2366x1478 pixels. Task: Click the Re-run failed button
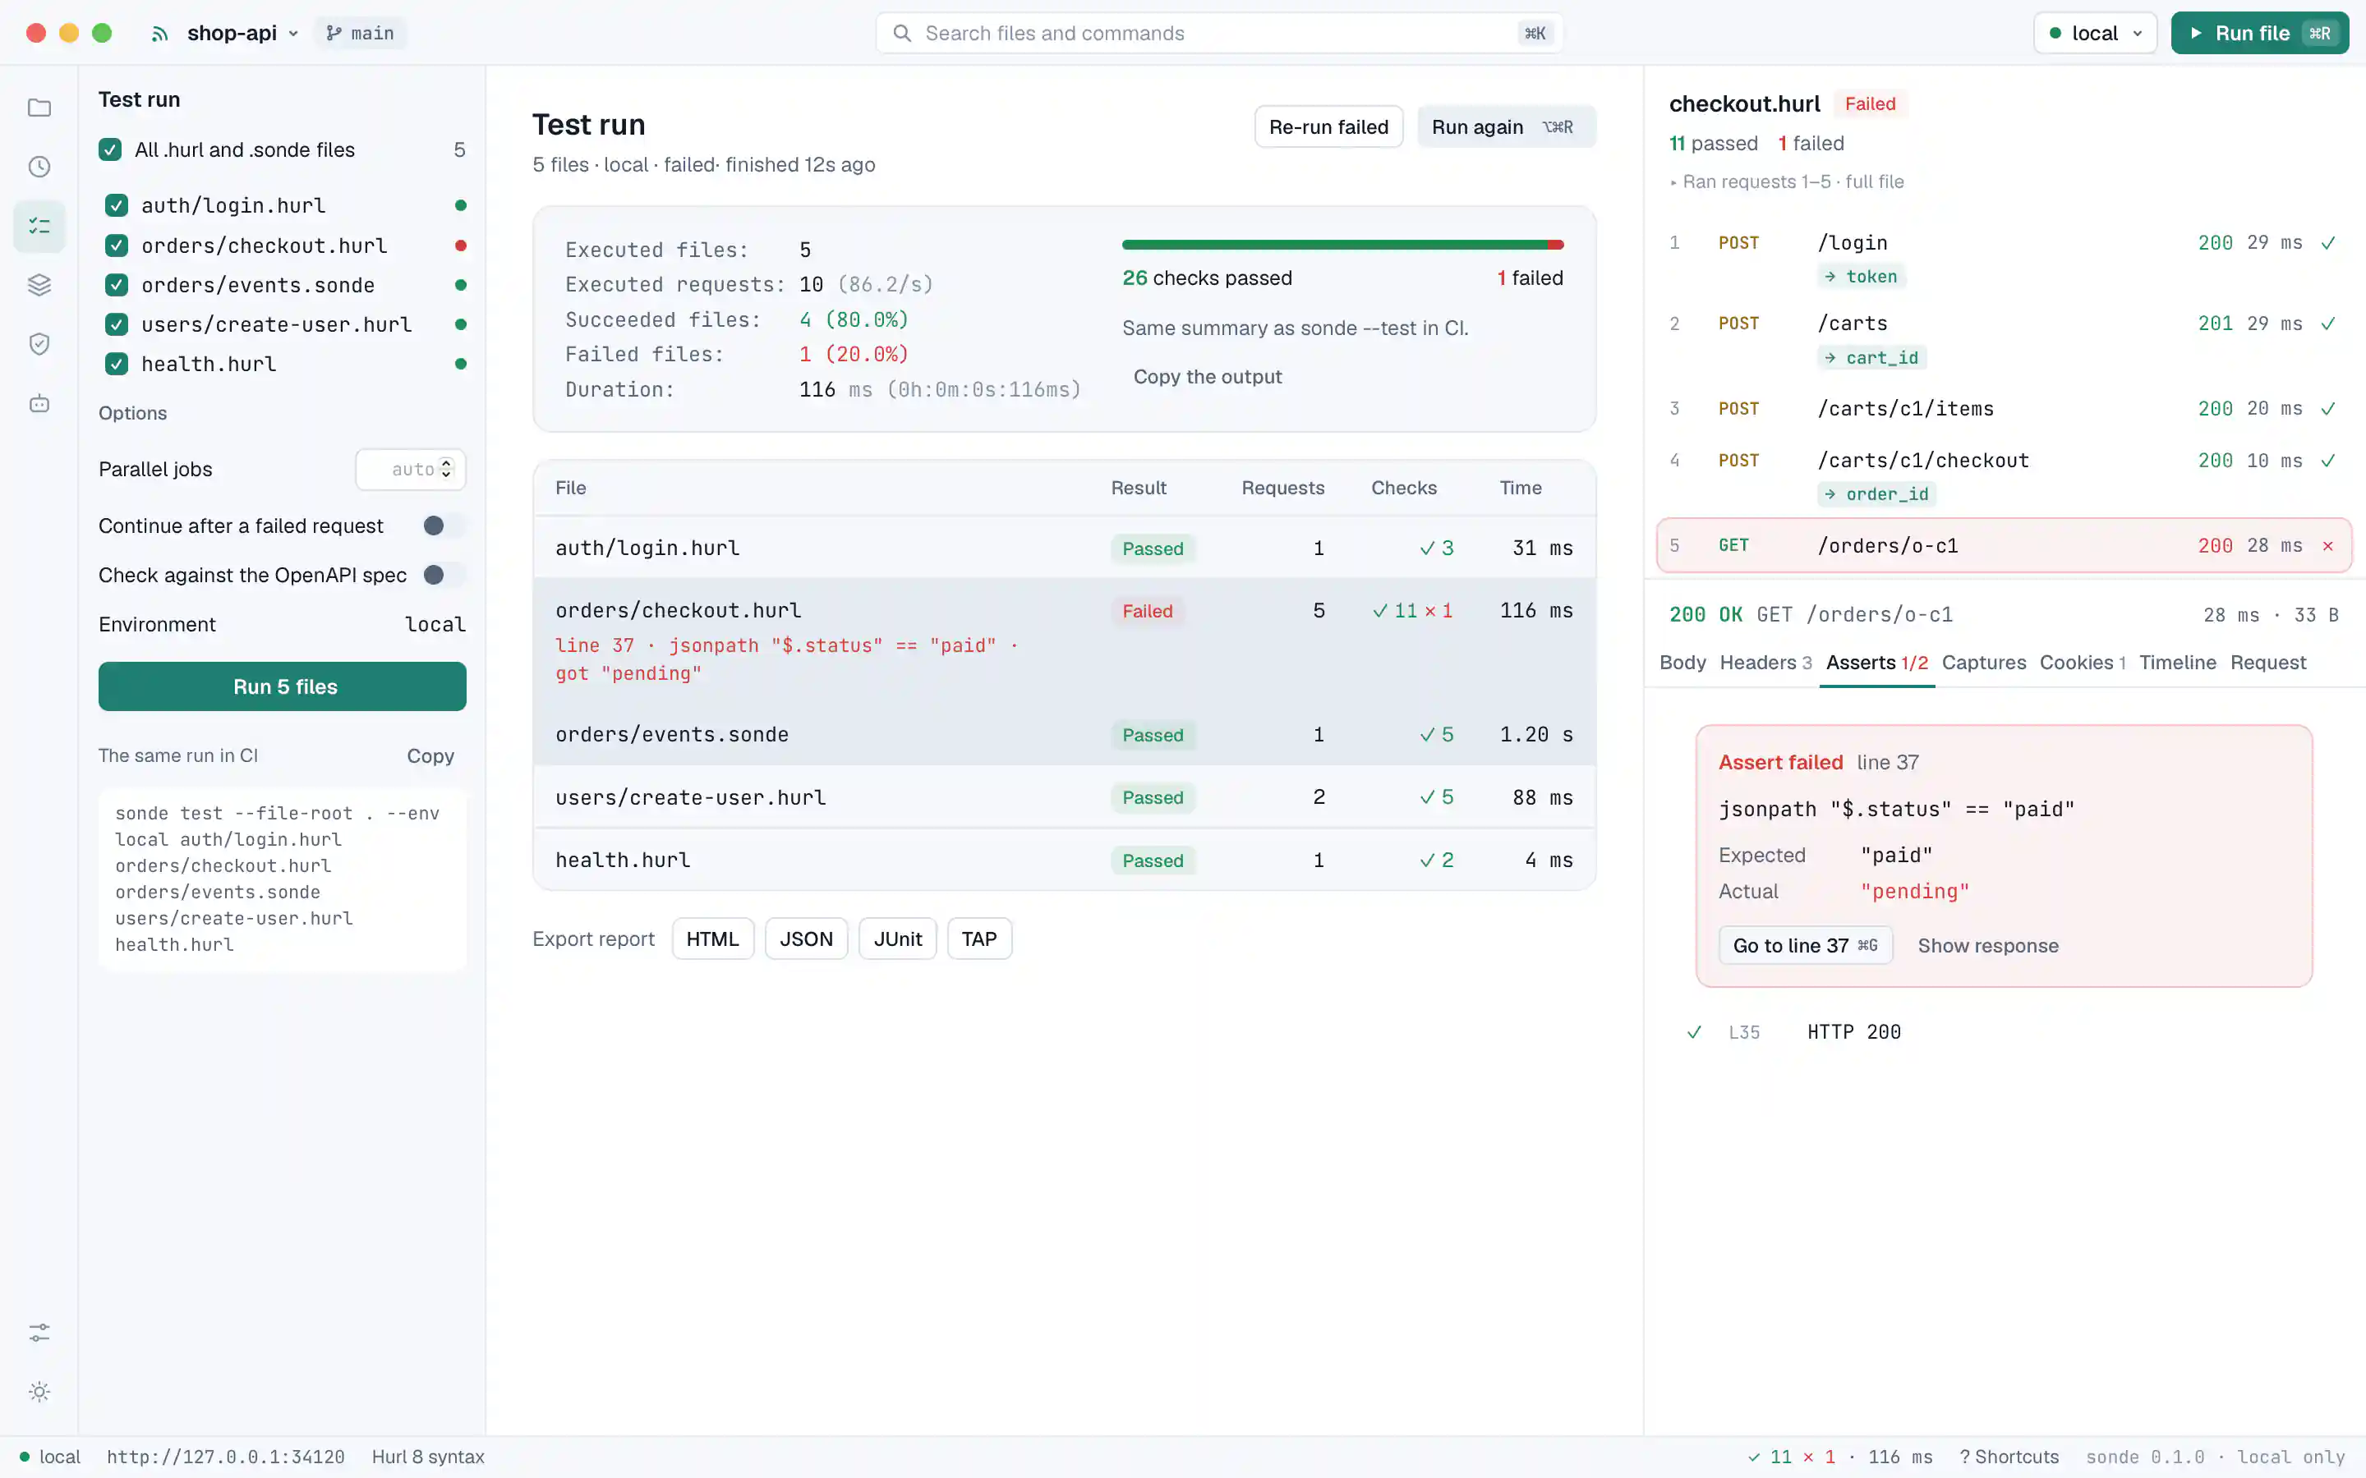click(x=1328, y=127)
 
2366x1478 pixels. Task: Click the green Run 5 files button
click(x=283, y=686)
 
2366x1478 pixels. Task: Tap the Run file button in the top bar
click(x=2259, y=33)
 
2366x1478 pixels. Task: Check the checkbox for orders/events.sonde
click(x=117, y=284)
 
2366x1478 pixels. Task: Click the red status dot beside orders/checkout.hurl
click(x=461, y=246)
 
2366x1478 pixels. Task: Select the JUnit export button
click(x=897, y=939)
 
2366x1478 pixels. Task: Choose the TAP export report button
click(x=978, y=939)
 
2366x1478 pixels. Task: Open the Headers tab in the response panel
click(x=1765, y=663)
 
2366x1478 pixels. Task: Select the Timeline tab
click(x=2177, y=663)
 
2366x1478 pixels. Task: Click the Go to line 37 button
click(x=1805, y=945)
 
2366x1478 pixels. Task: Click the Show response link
click(x=1987, y=945)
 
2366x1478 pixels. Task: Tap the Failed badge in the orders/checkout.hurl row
click(x=1147, y=611)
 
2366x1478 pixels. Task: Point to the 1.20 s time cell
click(x=1536, y=734)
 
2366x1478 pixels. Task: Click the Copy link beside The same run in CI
click(x=430, y=755)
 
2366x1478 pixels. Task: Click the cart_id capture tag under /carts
click(x=1872, y=358)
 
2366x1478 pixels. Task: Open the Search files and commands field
click(x=1218, y=33)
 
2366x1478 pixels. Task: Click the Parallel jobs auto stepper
click(x=411, y=469)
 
